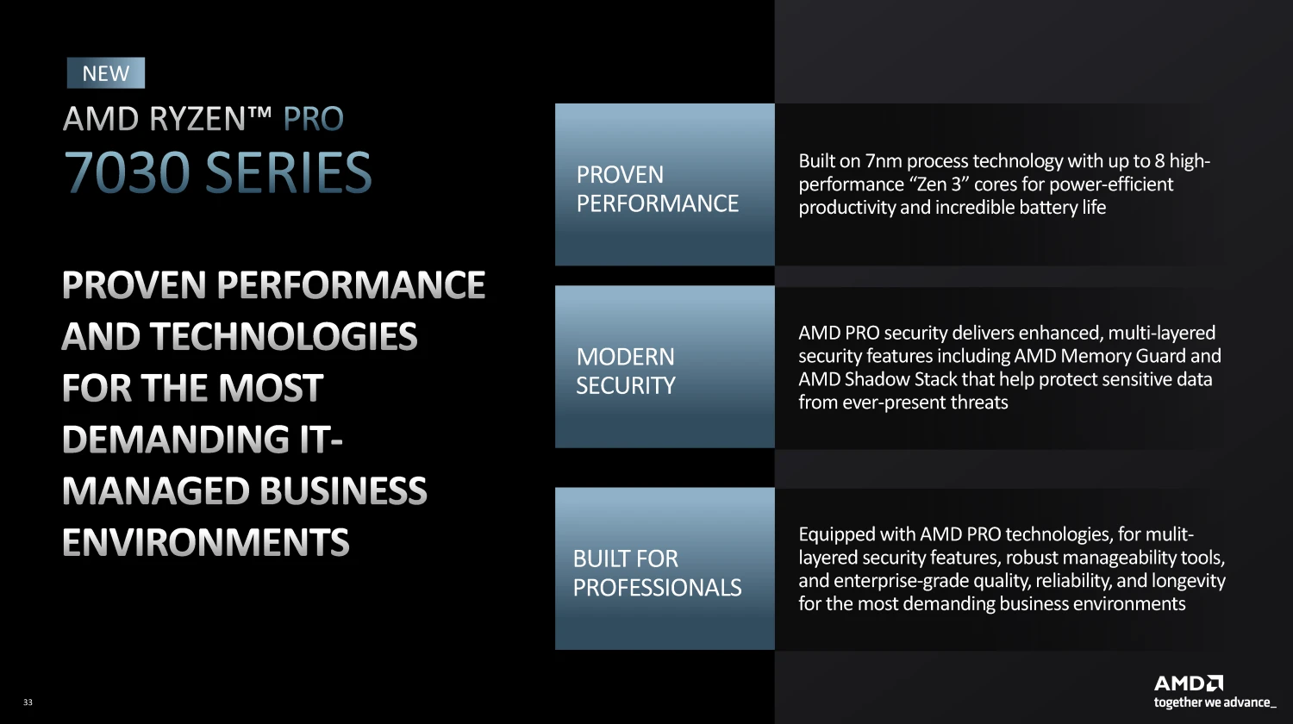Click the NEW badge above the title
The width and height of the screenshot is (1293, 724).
pos(106,72)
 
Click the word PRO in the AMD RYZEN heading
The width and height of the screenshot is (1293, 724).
pos(314,119)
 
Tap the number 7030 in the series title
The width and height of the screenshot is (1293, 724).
pos(127,172)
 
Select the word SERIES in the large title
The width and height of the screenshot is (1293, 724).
pos(289,172)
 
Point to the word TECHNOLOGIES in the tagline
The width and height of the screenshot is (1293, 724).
pos(284,337)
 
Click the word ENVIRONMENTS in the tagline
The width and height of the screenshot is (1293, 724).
pos(205,542)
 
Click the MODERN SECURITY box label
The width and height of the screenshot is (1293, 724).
pos(626,371)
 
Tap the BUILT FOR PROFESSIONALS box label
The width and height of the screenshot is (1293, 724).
pos(657,573)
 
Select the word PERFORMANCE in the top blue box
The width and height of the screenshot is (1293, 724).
pos(658,203)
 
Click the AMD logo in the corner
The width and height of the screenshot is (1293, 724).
pos(1189,683)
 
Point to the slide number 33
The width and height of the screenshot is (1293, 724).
pos(28,702)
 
